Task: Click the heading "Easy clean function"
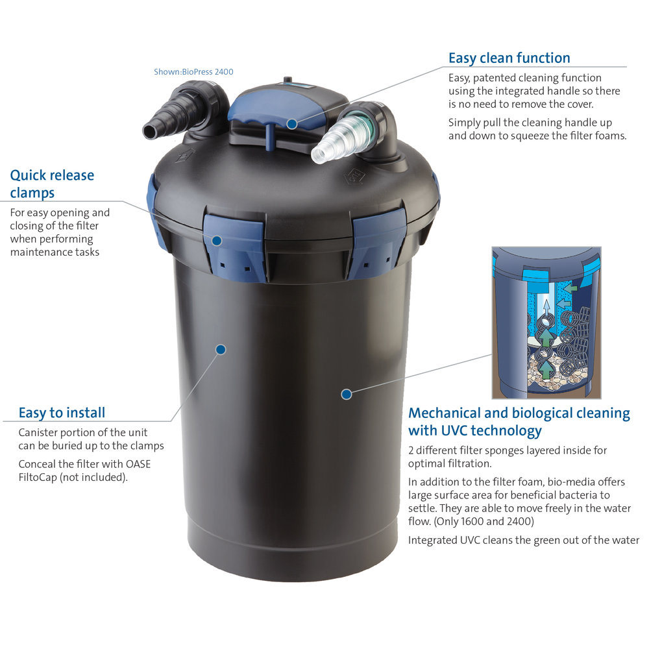click(509, 58)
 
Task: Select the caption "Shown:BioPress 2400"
click(193, 71)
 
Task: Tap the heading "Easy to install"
click(62, 413)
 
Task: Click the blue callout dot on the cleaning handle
click(292, 124)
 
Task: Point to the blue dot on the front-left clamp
click(217, 241)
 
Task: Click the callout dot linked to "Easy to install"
click(221, 349)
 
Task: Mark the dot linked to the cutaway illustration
click(347, 394)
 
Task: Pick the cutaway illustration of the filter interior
click(546, 323)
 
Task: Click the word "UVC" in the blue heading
click(456, 430)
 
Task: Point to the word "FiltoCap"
click(38, 477)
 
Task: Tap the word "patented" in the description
click(494, 78)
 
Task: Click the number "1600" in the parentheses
click(472, 521)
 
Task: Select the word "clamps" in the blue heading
click(32, 193)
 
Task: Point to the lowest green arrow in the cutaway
click(546, 369)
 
